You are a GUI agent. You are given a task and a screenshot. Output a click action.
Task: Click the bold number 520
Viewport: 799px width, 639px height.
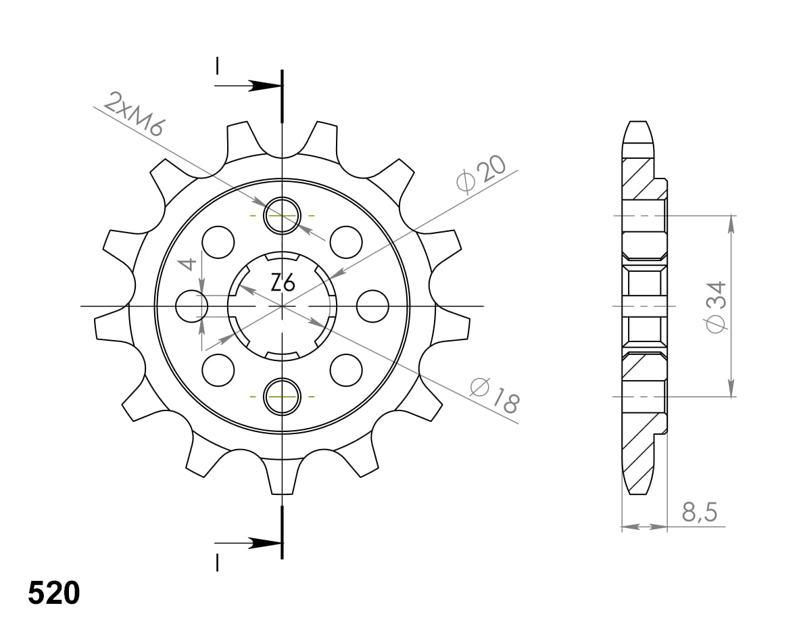click(x=54, y=593)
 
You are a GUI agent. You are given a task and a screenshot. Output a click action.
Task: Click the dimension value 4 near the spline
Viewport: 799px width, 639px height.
click(x=190, y=264)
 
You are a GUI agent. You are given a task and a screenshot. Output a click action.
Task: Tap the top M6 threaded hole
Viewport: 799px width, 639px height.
click(x=282, y=216)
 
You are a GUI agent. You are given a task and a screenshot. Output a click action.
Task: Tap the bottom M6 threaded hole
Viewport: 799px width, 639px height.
click(x=282, y=396)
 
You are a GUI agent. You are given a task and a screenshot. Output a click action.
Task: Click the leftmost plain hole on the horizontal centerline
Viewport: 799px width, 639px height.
click(x=192, y=306)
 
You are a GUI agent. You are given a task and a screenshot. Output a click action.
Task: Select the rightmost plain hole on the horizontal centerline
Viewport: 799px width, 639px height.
click(x=373, y=306)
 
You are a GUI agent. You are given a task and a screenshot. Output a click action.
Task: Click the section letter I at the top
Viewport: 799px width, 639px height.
click(x=217, y=66)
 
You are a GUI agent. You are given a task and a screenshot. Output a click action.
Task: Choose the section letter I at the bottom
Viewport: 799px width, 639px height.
click(x=217, y=562)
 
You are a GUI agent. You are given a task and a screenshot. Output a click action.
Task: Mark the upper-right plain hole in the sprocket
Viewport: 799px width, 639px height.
click(x=346, y=242)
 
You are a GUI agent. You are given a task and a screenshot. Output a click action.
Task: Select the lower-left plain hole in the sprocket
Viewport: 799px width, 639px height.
click(x=218, y=370)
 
